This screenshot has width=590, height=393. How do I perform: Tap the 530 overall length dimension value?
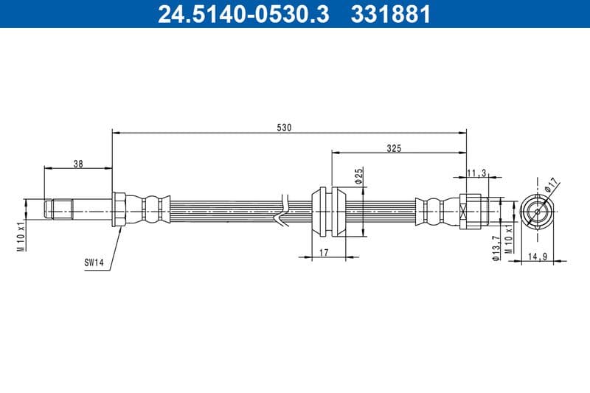pyautogui.click(x=285, y=128)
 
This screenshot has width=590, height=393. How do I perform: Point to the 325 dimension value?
pyautogui.click(x=393, y=148)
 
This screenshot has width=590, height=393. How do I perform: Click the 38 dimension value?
pyautogui.click(x=77, y=164)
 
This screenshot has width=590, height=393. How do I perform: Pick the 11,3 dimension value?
pyautogui.click(x=476, y=173)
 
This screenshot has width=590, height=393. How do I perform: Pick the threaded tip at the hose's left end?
pyautogui.click(x=59, y=209)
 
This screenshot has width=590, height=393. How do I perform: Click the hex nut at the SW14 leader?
pyautogui.click(x=119, y=210)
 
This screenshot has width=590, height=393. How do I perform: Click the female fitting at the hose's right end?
pyautogui.click(x=473, y=210)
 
